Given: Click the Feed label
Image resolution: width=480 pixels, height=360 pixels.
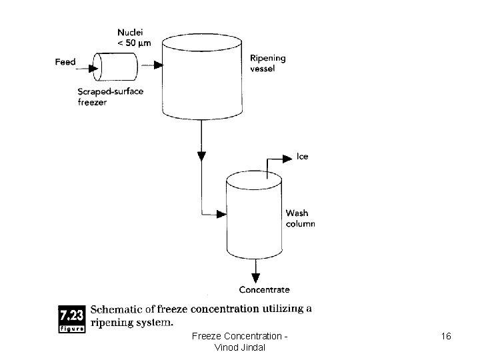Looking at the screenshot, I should pyautogui.click(x=65, y=62).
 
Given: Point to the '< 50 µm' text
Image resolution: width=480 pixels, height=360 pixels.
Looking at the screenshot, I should pyautogui.click(x=133, y=43).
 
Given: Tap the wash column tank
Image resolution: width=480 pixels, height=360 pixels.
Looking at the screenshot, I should pyautogui.click(x=255, y=217).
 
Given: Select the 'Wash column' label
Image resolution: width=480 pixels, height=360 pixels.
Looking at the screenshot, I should pyautogui.click(x=300, y=219).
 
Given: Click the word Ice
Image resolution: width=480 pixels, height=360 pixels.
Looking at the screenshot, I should pyautogui.click(x=302, y=157).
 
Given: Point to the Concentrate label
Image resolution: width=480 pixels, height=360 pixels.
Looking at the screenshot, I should pyautogui.click(x=265, y=289).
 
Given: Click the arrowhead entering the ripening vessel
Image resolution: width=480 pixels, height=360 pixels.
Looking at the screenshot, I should pyautogui.click(x=158, y=65).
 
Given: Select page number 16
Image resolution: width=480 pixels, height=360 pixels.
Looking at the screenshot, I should pyautogui.click(x=445, y=337).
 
